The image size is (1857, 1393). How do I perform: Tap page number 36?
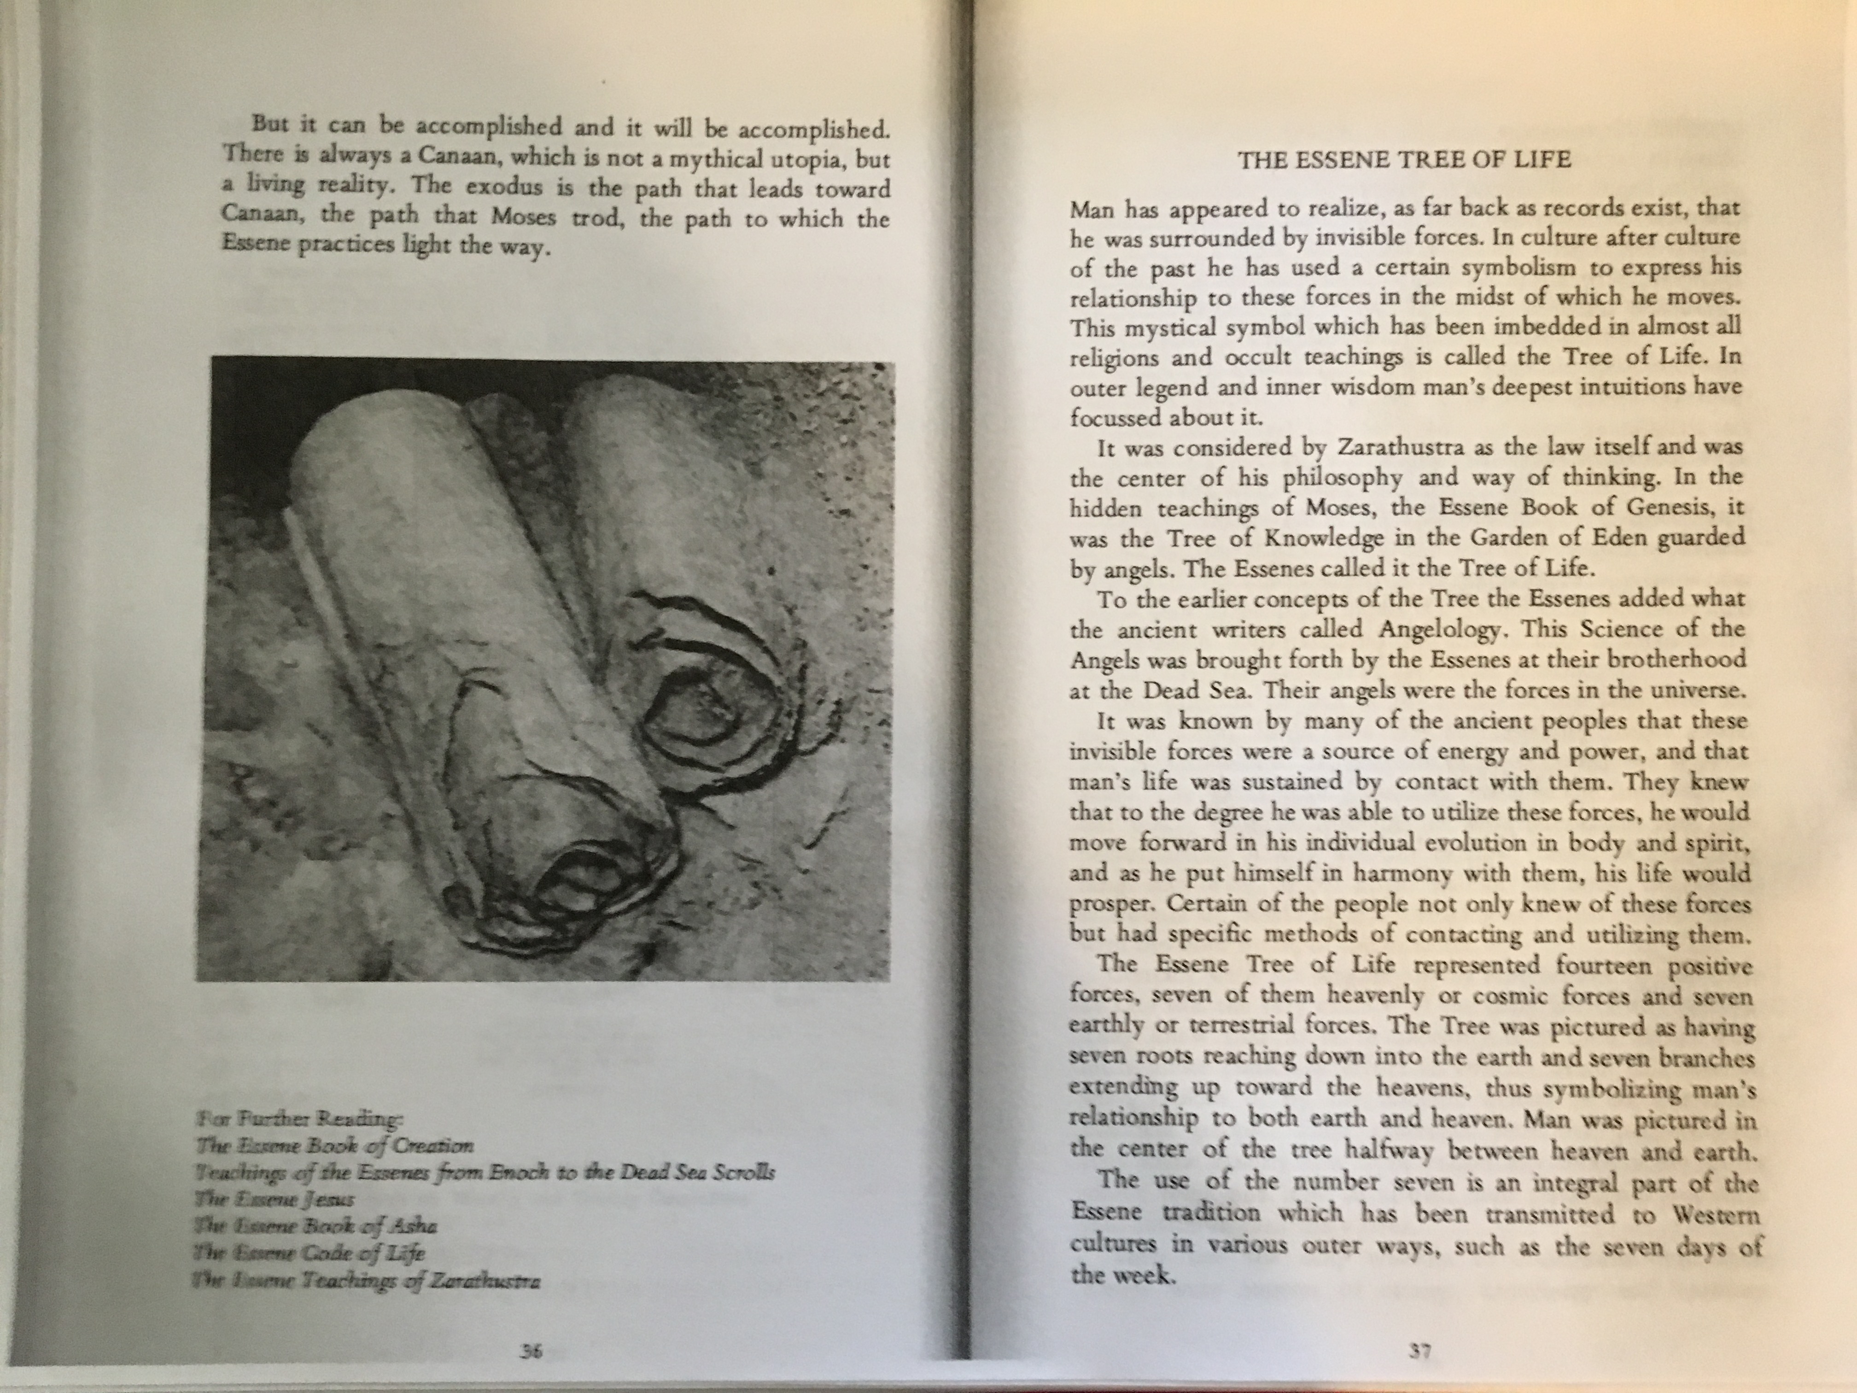coord(531,1351)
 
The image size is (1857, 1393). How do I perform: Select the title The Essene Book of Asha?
coord(315,1226)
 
